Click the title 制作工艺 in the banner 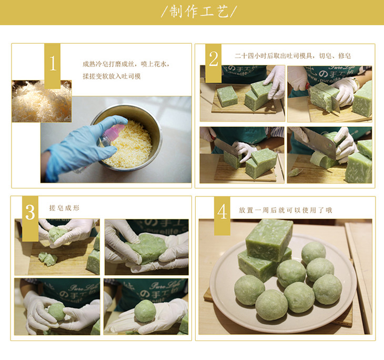(x=199, y=11)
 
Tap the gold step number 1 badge (x=53, y=66)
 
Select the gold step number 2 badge (x=214, y=63)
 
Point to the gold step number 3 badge (x=30, y=218)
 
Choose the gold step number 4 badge (x=222, y=216)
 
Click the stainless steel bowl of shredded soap (x=127, y=138)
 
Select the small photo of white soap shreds (x=42, y=101)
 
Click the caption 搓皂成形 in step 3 (x=64, y=208)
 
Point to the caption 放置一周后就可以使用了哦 (x=286, y=210)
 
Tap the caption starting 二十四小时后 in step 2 (x=293, y=56)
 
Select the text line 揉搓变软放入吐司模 (x=112, y=76)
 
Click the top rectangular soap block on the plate (x=269, y=240)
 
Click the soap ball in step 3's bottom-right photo (x=145, y=311)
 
